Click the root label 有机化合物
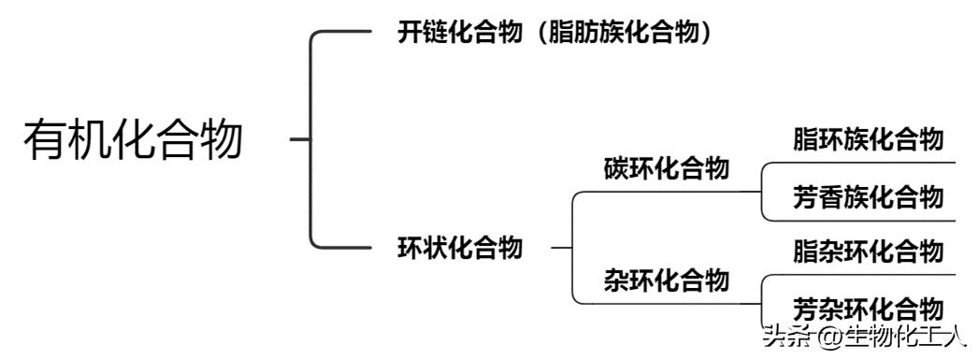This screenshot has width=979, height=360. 133,140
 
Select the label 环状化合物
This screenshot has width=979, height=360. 460,249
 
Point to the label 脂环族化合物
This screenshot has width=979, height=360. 867,139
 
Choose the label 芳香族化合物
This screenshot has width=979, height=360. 867,197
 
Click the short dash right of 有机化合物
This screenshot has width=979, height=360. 299,140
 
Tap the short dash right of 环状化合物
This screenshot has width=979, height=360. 561,249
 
